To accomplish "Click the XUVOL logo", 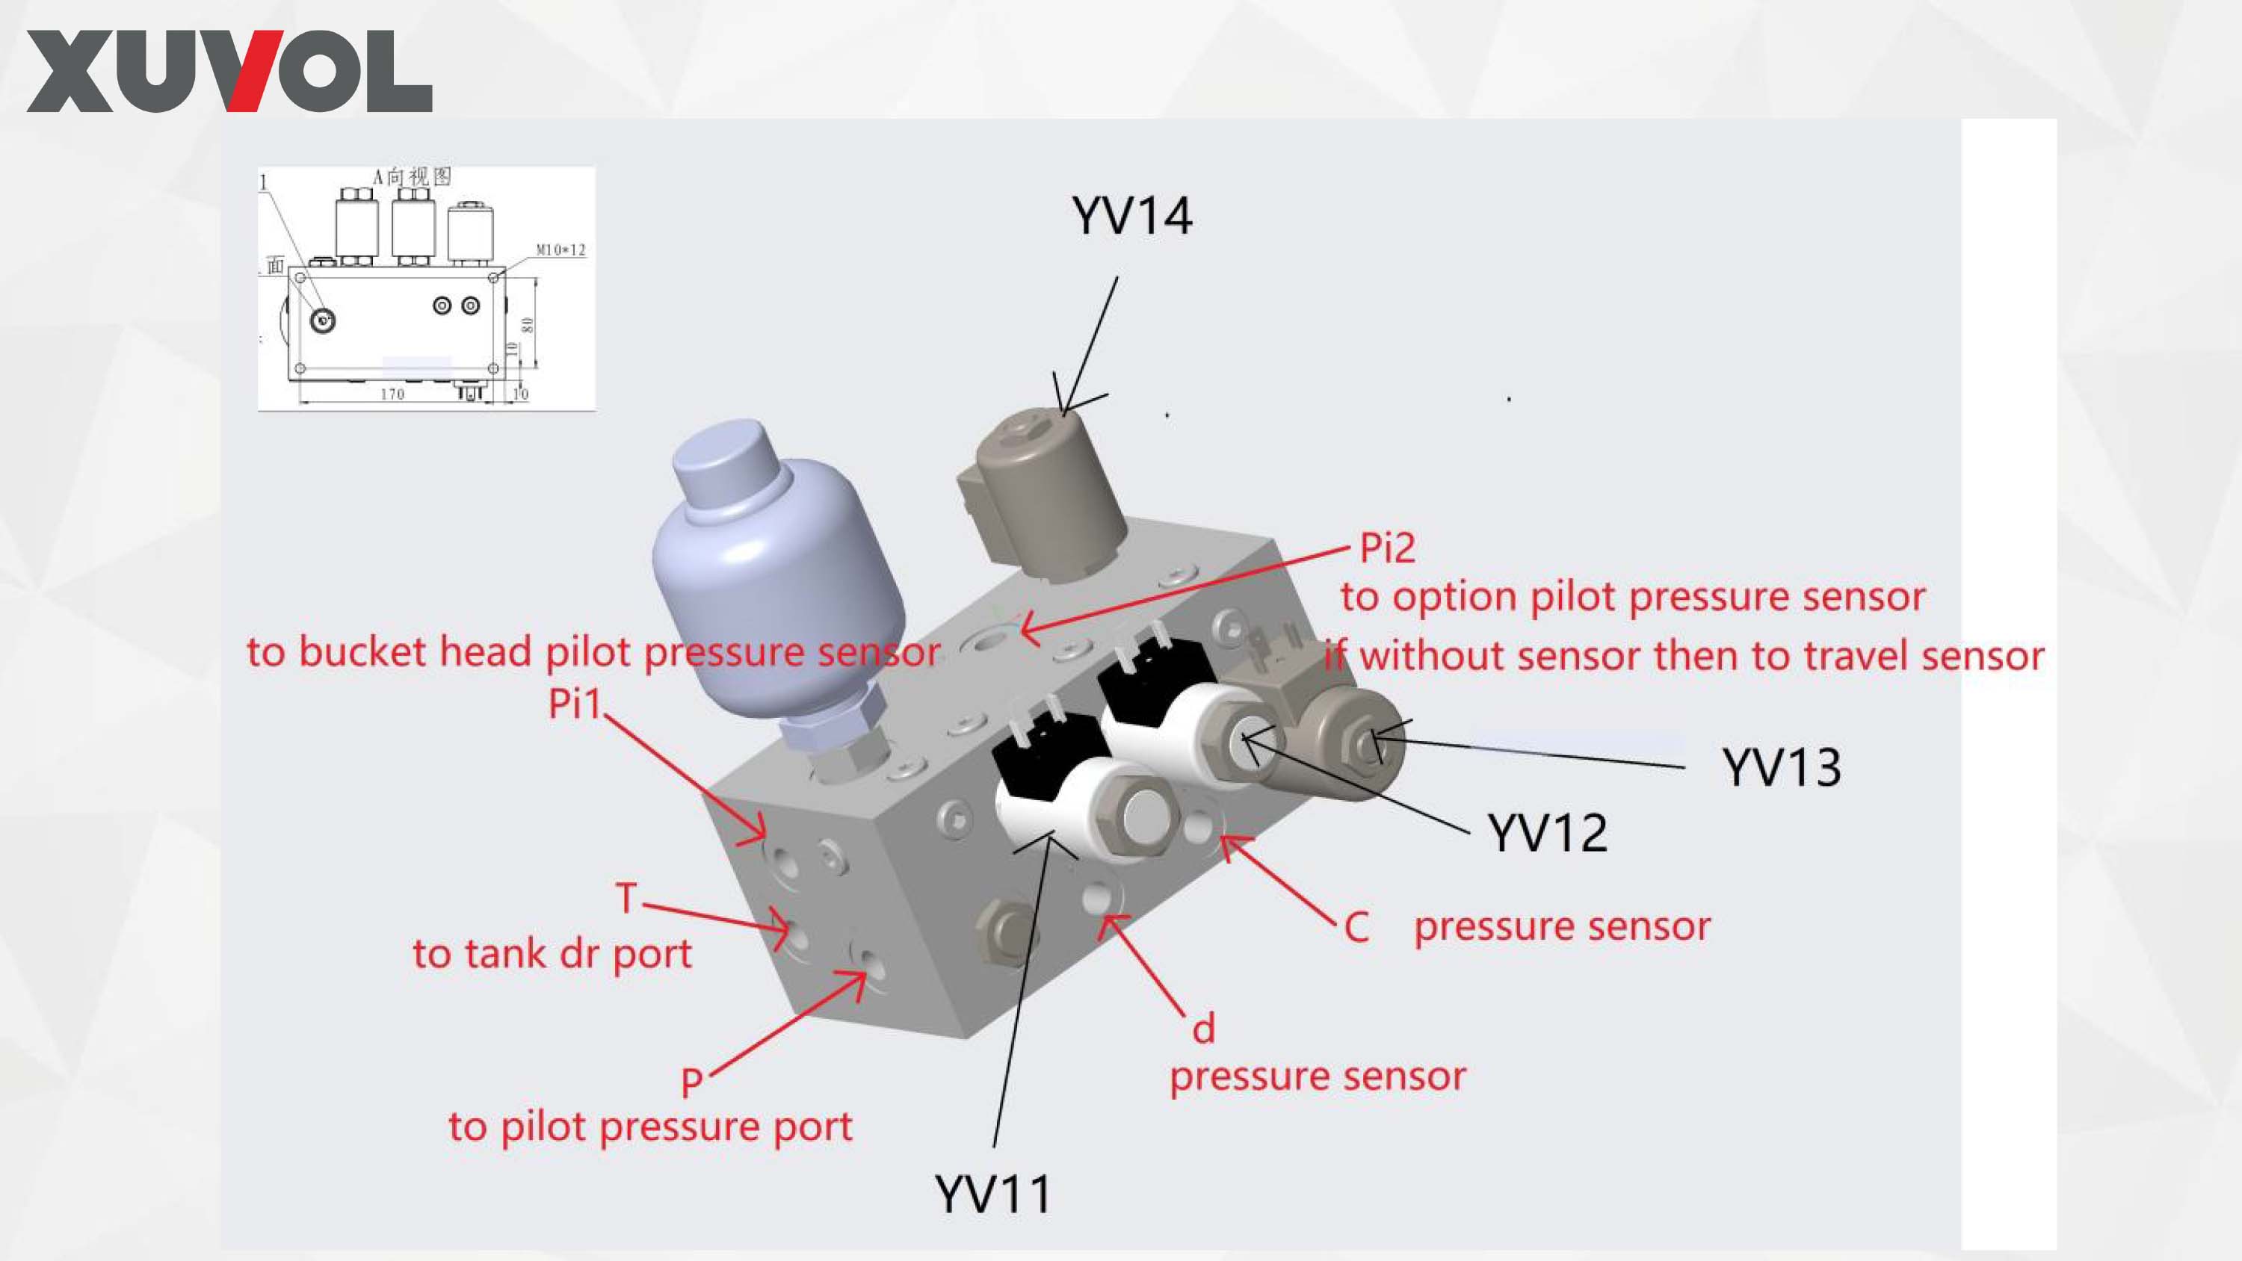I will [229, 72].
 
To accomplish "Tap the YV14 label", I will [1131, 216].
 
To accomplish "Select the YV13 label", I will [1782, 767].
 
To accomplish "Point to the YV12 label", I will [1548, 833].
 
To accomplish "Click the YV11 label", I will [992, 1193].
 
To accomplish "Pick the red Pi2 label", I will [1387, 548].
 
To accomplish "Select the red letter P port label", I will [692, 1082].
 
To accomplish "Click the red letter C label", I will [1356, 928].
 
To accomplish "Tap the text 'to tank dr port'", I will [552, 954].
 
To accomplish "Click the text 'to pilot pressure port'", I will [650, 1127].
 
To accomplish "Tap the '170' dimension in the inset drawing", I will [392, 395].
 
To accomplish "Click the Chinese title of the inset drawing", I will [413, 176].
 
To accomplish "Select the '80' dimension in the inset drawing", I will [528, 325].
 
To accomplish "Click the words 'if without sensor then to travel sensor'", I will [1684, 656].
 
